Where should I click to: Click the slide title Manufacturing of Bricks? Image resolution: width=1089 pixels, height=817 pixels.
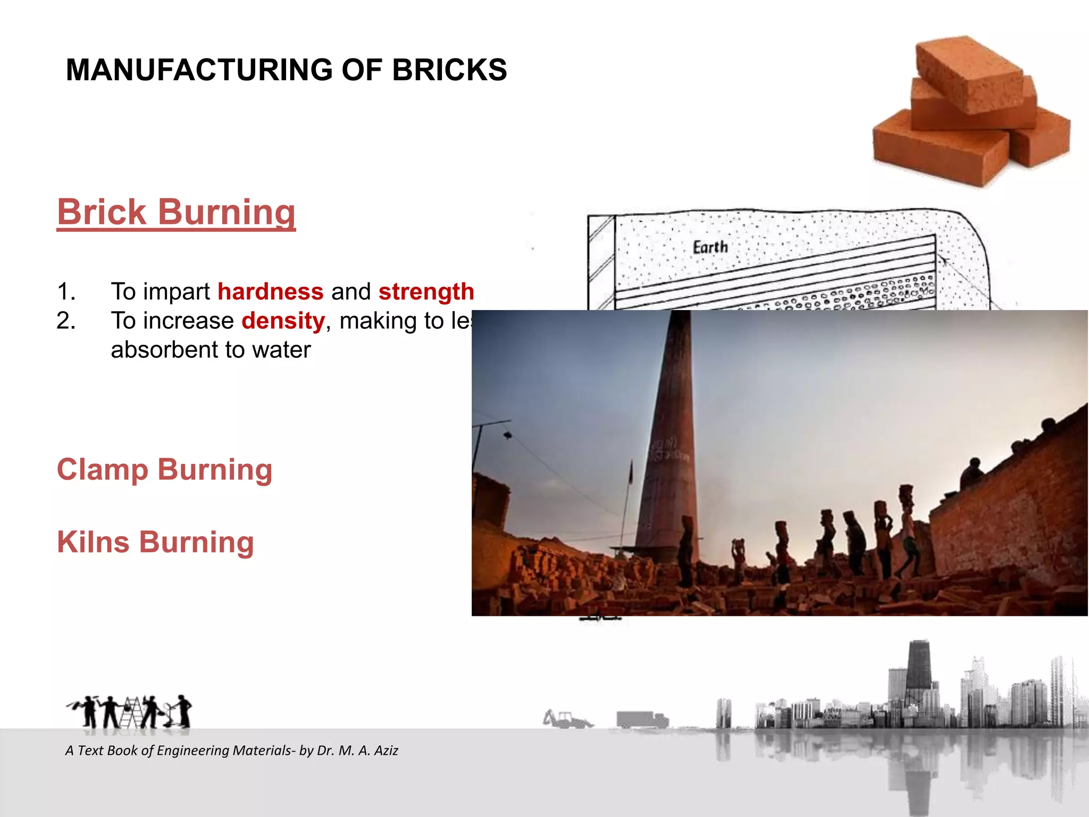286,70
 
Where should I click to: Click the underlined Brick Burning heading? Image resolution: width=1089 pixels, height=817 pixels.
176,212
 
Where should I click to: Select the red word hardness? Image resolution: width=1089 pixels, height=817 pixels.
270,291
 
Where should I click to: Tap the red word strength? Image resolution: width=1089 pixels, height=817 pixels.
426,291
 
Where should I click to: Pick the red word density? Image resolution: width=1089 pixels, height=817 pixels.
283,321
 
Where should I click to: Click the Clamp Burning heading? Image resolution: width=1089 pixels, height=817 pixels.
164,470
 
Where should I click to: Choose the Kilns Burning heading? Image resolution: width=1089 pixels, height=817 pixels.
155,542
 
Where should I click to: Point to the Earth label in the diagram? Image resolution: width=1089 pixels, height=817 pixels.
710,247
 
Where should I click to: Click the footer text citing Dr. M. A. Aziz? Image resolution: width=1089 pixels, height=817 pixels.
231,751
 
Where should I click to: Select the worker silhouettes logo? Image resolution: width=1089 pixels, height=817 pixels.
130,712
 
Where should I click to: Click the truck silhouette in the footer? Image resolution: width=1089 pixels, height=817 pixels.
641,720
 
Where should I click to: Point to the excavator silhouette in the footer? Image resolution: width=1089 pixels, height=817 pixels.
567,719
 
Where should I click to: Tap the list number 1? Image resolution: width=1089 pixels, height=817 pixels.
66,291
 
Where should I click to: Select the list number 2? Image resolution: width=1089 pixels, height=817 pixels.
66,321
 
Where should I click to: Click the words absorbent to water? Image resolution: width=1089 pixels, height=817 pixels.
211,350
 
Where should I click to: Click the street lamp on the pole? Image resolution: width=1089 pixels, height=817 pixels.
508,435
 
